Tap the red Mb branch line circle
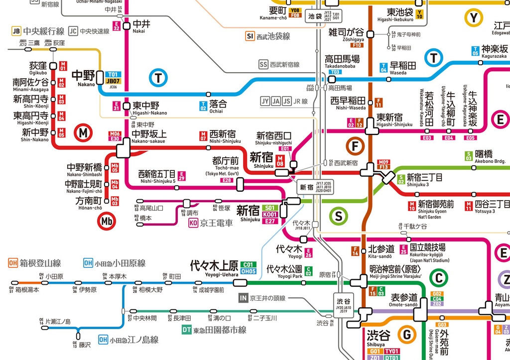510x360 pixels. (x=106, y=221)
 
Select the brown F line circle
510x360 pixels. (x=355, y=146)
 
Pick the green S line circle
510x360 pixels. (x=339, y=216)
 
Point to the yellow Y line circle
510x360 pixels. (x=474, y=18)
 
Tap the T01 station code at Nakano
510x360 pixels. (x=114, y=74)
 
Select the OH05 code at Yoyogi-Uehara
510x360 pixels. (x=248, y=271)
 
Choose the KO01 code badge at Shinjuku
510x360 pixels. (x=270, y=215)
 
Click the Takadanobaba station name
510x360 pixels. (x=342, y=59)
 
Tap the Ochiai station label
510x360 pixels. (x=218, y=104)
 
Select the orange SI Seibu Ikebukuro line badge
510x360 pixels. (x=250, y=36)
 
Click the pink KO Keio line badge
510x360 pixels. (x=193, y=223)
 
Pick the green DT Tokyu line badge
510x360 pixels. (x=186, y=330)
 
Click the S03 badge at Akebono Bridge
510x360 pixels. (x=468, y=156)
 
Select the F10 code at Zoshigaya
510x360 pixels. (x=357, y=45)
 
